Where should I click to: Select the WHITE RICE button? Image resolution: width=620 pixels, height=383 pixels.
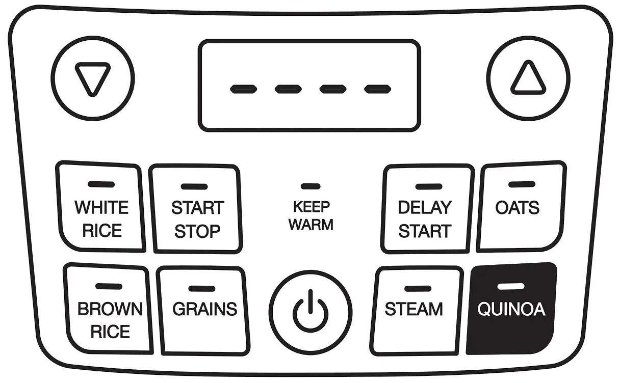click(101, 209)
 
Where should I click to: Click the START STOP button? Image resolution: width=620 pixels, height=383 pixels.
click(197, 209)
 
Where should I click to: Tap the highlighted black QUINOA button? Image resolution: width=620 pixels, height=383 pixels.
click(511, 309)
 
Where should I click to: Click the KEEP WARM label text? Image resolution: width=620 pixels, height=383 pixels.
click(311, 215)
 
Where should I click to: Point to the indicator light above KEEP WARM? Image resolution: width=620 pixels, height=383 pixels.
click(311, 186)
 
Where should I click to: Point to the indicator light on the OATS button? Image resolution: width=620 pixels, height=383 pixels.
click(522, 184)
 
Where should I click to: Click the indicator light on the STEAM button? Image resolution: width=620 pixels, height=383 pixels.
click(417, 289)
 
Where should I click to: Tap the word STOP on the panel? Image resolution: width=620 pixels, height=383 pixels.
click(197, 231)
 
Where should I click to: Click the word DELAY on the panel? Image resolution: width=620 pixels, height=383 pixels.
click(425, 208)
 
